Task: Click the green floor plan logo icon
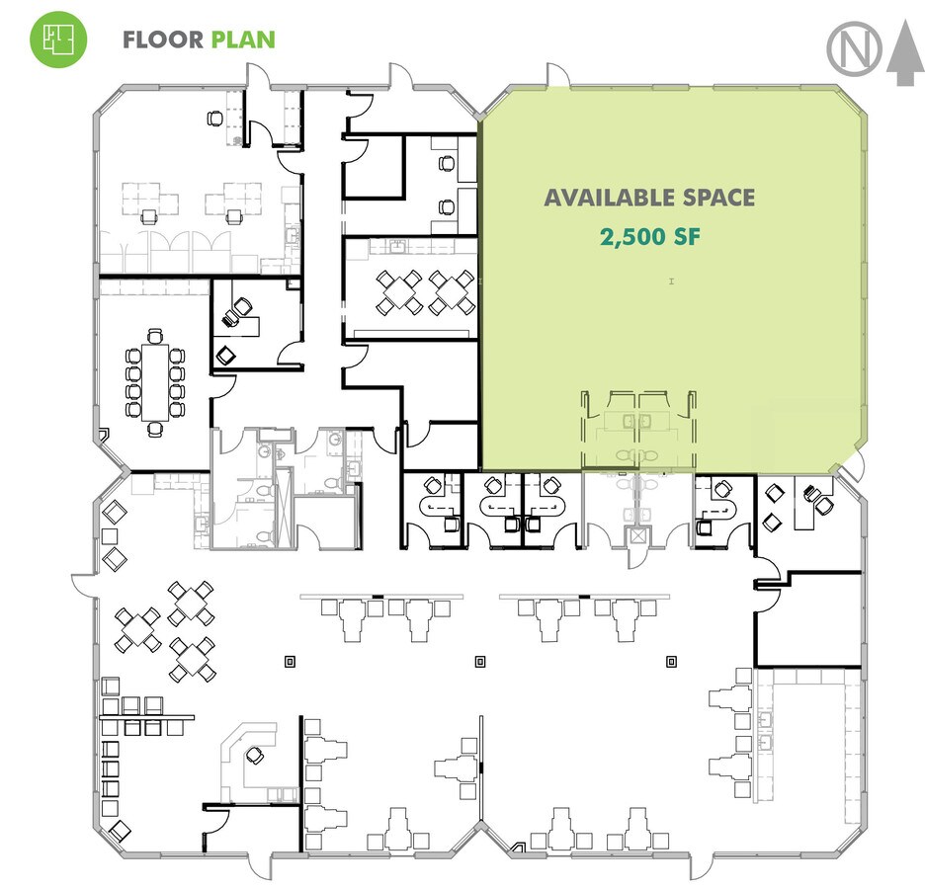tap(58, 39)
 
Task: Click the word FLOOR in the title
tap(163, 40)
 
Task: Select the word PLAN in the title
tap(243, 40)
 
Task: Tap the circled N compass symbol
tap(854, 49)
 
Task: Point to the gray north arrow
tap(905, 52)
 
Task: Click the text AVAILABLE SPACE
tap(649, 199)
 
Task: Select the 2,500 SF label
tap(650, 237)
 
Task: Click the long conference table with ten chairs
tap(155, 382)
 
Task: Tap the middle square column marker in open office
tap(480, 662)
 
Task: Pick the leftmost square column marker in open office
tap(290, 662)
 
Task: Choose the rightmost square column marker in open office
tap(671, 662)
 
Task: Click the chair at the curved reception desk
tap(255, 756)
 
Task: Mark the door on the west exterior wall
tap(83, 585)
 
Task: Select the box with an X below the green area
tap(637, 536)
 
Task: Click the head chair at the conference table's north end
tap(154, 336)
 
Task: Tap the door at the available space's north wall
tap(558, 74)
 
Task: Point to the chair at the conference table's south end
tap(155, 429)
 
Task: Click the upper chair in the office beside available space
tap(447, 163)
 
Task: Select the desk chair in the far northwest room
tap(214, 119)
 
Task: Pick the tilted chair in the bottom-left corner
tap(121, 831)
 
